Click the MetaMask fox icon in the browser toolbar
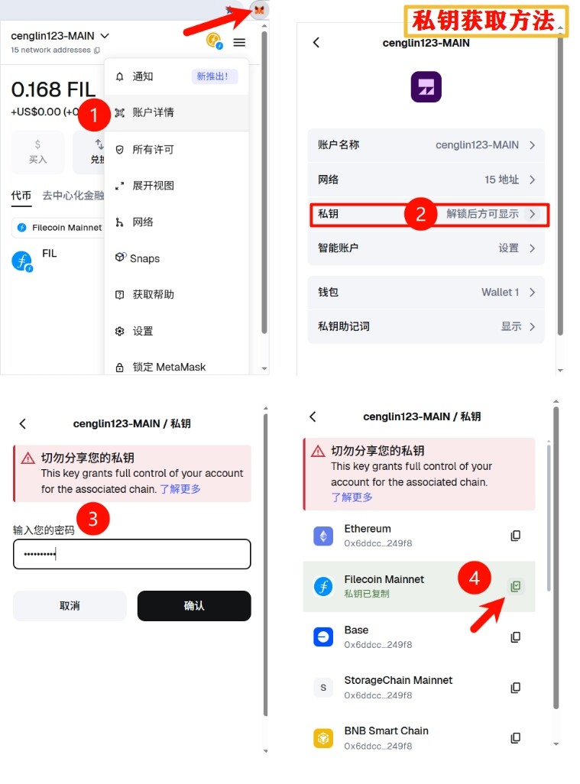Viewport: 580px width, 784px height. (259, 9)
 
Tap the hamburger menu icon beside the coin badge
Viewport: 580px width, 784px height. (239, 43)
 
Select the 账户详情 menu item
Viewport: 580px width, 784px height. (153, 112)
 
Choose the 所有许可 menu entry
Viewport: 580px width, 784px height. (153, 150)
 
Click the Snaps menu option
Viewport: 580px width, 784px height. (144, 258)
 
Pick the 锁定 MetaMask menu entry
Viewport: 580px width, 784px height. (169, 367)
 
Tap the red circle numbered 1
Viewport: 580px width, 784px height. (93, 115)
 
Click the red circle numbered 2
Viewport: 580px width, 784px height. (420, 214)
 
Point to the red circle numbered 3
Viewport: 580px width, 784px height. (92, 519)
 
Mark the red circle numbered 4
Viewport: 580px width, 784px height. (474, 578)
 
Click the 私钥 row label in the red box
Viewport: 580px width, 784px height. (328, 214)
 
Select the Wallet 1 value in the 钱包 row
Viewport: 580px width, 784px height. (500, 292)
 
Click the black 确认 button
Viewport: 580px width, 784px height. (194, 606)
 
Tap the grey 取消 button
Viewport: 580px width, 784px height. (70, 606)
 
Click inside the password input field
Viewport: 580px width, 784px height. (131, 554)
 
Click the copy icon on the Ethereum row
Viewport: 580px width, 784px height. (516, 536)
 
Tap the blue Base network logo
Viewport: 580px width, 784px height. (323, 637)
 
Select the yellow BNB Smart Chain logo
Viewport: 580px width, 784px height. (323, 738)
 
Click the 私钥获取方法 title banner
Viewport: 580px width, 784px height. (485, 21)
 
